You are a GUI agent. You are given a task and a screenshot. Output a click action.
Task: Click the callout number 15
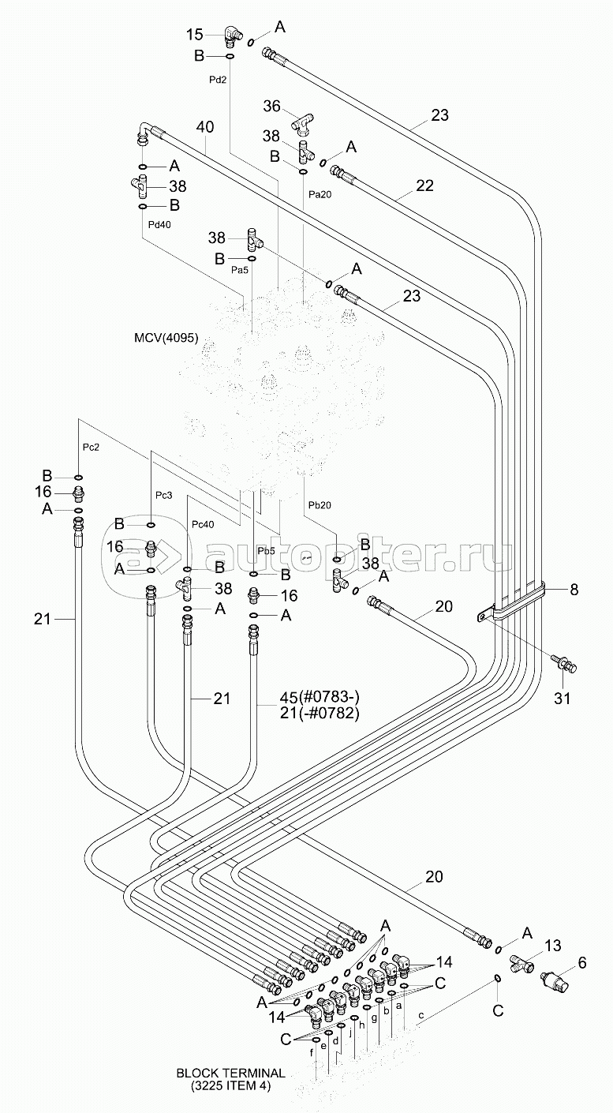click(x=194, y=34)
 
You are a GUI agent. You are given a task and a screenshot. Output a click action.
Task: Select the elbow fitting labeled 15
click(x=230, y=34)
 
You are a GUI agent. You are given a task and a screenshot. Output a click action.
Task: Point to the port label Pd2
click(x=219, y=80)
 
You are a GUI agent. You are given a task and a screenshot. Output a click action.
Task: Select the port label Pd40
click(x=159, y=224)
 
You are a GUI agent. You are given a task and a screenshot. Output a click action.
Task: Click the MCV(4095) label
click(x=166, y=339)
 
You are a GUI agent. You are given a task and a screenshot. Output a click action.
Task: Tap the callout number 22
click(x=424, y=186)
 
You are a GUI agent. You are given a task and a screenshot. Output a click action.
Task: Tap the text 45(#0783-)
click(x=320, y=696)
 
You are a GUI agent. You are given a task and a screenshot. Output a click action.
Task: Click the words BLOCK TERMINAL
click(x=230, y=1073)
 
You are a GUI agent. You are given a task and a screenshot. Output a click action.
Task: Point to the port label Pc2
click(x=91, y=448)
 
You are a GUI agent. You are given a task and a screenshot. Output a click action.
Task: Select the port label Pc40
click(x=203, y=525)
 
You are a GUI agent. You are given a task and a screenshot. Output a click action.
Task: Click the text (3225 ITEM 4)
click(x=230, y=1085)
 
